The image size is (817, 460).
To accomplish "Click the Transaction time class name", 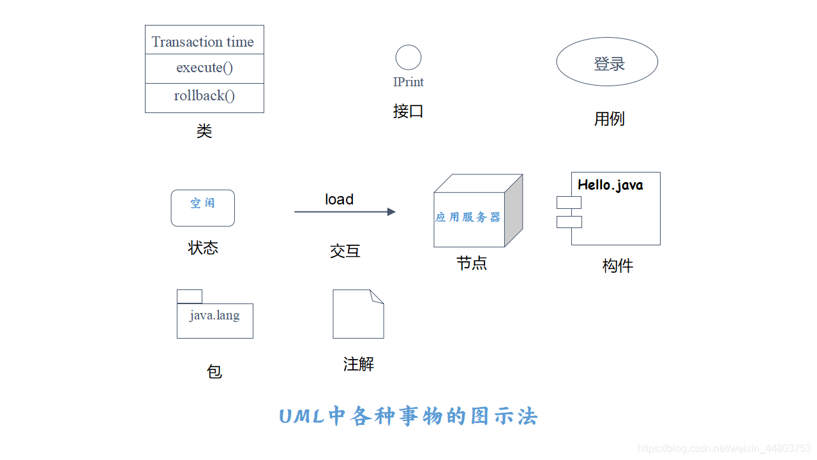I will (203, 42).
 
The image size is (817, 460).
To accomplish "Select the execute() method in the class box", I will (204, 68).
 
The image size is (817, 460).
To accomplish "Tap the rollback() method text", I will (204, 96).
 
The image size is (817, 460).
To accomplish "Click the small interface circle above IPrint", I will (408, 57).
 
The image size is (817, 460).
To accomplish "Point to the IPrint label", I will (408, 82).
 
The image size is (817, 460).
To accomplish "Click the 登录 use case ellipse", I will (607, 62).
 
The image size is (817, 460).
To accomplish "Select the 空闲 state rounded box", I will (203, 208).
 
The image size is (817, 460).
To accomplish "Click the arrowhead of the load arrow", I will (391, 211).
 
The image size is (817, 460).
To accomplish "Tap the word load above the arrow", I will (339, 199).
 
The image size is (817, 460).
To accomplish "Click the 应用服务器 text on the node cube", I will (468, 217).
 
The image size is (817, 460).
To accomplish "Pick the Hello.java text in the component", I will (610, 185).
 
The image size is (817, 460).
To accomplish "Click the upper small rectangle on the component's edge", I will (569, 203).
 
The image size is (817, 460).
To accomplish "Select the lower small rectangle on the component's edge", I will (569, 222).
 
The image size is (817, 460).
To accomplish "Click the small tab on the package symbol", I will (190, 296).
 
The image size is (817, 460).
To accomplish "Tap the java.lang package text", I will (214, 315).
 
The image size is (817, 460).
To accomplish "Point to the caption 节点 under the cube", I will (472, 263).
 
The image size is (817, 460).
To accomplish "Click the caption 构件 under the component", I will (617, 266).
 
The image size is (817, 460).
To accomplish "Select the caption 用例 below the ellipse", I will (609, 119).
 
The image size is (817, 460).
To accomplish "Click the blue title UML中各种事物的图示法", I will (408, 417).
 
